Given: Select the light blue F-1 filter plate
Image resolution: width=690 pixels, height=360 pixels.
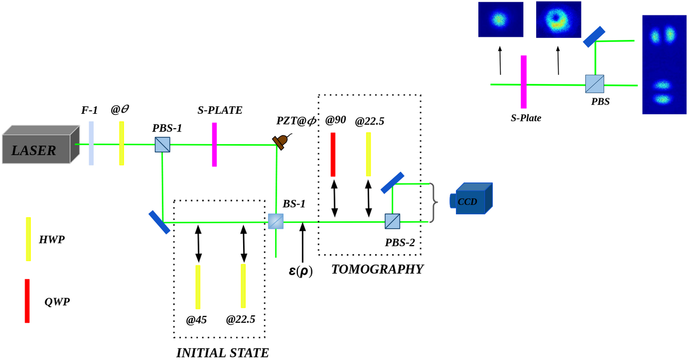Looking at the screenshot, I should point(92,143).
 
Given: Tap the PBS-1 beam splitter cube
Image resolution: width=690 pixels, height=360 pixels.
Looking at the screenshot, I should point(162,145).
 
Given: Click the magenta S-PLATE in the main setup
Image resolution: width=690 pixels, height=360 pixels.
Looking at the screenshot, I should point(214,145).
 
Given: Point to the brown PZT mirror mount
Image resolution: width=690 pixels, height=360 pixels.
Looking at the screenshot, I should point(280,140).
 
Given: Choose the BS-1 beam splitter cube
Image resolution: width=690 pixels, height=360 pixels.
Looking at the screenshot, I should point(276,221).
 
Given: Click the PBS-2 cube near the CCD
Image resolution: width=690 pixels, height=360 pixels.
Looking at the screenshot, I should point(392,221).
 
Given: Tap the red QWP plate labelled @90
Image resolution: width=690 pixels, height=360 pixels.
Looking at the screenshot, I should point(333,154).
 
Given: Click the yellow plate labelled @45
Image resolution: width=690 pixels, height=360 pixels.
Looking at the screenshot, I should point(198,287).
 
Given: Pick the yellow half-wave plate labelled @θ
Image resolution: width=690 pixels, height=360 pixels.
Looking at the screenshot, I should point(122,143).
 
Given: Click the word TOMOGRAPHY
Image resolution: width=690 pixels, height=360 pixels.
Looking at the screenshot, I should point(377,270).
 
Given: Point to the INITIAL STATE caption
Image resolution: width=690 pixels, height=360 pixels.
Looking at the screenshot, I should point(222,353).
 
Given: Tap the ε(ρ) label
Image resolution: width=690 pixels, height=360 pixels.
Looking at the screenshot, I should point(301,271).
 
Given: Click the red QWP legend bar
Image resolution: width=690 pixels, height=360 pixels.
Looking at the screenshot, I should point(27,300).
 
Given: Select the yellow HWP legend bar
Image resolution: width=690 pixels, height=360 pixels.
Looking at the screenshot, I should point(28,239).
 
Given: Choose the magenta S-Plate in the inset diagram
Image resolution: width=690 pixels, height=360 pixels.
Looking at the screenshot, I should point(523,82).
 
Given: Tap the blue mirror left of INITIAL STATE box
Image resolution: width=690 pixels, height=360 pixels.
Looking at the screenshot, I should point(159,222).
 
